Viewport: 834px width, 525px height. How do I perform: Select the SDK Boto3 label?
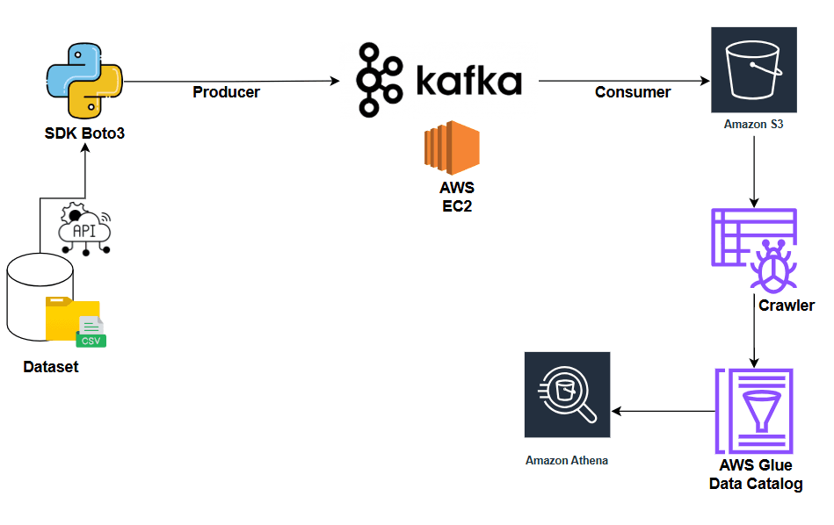point(84,134)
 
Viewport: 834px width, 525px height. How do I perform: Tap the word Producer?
point(226,92)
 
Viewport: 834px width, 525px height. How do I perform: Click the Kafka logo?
point(439,82)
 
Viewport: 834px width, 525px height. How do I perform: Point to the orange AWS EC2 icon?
point(452,148)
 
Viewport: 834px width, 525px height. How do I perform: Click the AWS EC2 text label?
point(457,198)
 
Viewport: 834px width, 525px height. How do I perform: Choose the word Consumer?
point(633,92)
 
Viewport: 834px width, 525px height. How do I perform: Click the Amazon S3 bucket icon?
point(753,69)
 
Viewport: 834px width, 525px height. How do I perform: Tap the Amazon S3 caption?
point(753,125)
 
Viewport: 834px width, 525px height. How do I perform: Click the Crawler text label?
point(787,306)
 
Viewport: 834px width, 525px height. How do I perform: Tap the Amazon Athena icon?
point(567,394)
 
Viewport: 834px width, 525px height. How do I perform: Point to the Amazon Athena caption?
point(567,460)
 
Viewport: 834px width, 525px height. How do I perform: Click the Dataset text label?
point(51,367)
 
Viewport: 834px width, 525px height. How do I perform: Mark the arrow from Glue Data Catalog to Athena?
point(664,411)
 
